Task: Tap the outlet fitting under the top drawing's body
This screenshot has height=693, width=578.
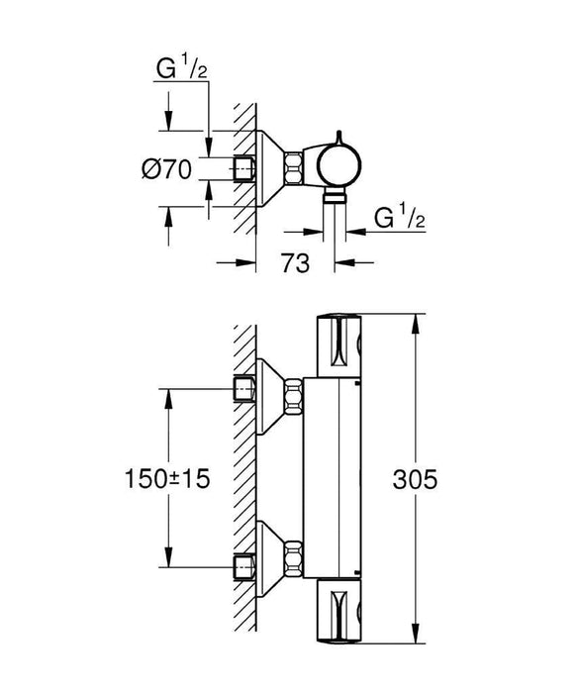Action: coord(337,198)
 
